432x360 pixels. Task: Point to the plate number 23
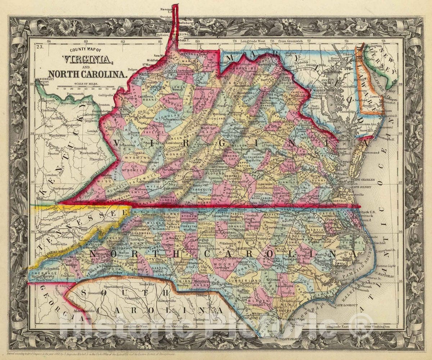coord(40,46)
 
